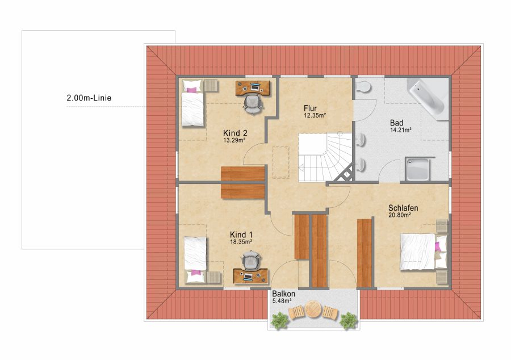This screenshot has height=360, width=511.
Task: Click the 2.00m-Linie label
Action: pos(89,98)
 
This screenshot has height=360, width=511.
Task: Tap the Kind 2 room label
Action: pos(235,133)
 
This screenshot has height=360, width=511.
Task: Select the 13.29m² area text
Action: pos(234,140)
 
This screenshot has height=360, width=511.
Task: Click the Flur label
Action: pos(310,108)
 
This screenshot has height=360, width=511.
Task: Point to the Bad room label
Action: pos(397,123)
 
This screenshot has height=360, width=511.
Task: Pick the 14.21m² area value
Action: pos(400,130)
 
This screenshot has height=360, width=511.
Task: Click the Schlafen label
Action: pos(403,208)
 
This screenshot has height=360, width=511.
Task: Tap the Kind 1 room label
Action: pos(241,235)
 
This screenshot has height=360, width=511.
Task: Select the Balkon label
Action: pos(284,294)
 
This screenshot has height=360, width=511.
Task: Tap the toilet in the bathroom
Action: pos(363,86)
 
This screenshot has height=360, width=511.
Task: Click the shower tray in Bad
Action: pos(418,169)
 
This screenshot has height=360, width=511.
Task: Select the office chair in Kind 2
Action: pos(253,104)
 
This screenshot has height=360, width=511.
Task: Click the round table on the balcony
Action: pos(313,309)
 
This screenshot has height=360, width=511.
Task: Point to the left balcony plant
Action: pos(280,321)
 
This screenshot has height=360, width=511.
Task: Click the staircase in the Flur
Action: pos(325,157)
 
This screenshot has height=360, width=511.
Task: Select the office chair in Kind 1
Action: pos(251,260)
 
